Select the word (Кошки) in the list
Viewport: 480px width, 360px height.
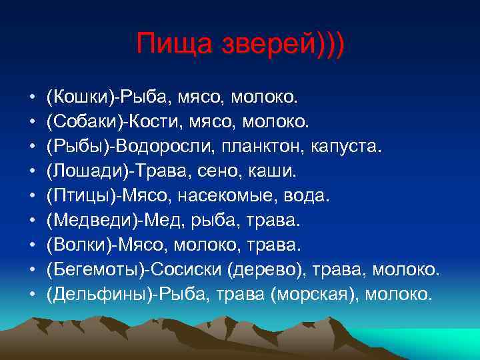[79, 97]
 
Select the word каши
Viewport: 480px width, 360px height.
[273, 171]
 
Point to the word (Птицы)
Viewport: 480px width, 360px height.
[80, 196]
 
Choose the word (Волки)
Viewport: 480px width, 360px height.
[79, 245]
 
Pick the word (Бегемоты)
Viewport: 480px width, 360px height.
[97, 269]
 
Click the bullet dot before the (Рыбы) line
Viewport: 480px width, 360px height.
[32, 147]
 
